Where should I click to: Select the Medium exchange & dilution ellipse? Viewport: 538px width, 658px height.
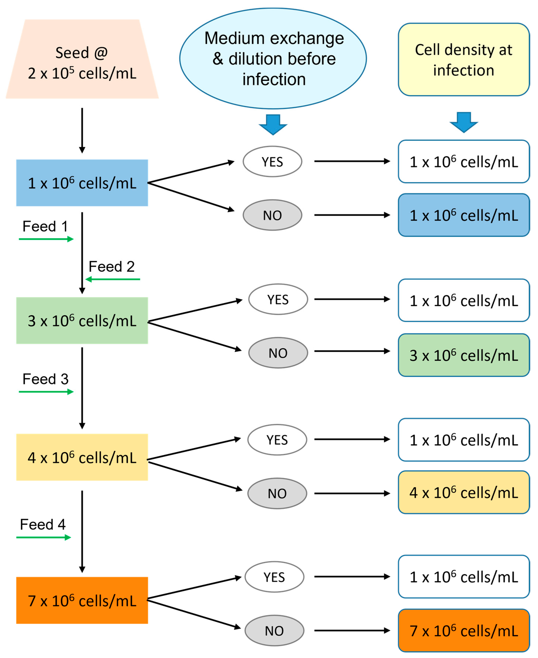[273, 59]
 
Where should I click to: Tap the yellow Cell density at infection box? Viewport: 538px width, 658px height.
[464, 60]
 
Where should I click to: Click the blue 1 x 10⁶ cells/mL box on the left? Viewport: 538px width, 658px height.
[82, 183]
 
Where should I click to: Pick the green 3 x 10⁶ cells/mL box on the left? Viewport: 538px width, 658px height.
[82, 321]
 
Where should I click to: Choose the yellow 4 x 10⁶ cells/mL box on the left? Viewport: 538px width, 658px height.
[82, 457]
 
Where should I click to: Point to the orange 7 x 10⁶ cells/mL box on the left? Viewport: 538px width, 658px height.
[82, 601]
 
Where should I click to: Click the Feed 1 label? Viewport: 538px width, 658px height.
[45, 226]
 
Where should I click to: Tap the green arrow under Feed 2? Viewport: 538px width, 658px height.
[113, 279]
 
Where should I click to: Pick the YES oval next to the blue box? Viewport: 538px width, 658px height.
[272, 161]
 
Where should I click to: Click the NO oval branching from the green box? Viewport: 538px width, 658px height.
[278, 353]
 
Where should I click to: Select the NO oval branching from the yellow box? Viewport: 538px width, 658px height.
[277, 494]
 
